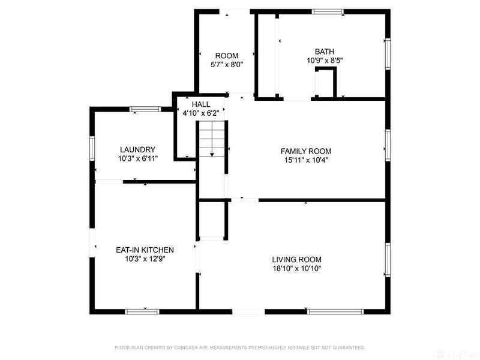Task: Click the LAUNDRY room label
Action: coord(137,150)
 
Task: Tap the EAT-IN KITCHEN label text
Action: coord(145,250)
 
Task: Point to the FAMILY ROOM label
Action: coord(306,151)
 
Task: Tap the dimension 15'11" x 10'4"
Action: coord(306,160)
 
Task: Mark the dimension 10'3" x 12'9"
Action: coord(145,259)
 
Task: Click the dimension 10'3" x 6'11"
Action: coord(137,160)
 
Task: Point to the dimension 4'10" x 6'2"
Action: coord(203,112)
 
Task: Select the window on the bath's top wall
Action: coord(328,11)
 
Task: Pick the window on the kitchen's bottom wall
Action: coord(142,311)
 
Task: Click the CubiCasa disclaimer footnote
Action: coord(239,347)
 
